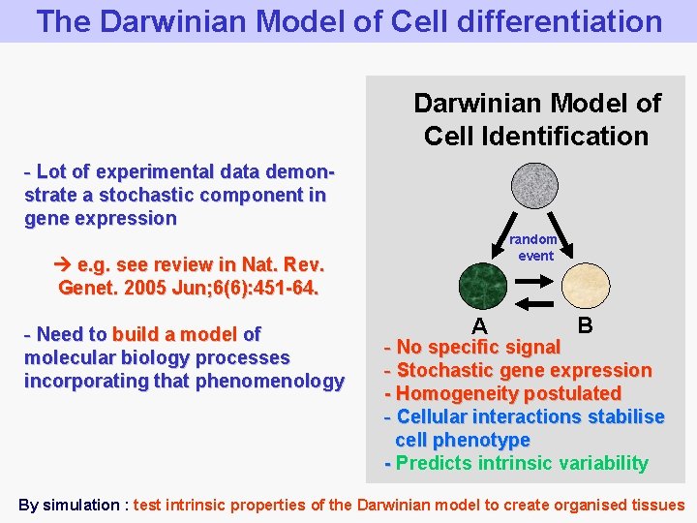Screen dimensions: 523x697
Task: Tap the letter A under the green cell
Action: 479,325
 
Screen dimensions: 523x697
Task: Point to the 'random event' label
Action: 534,247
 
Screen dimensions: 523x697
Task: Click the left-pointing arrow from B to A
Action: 534,303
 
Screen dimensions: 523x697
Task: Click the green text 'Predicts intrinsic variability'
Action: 522,463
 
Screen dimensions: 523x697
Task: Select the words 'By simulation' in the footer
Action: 68,504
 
